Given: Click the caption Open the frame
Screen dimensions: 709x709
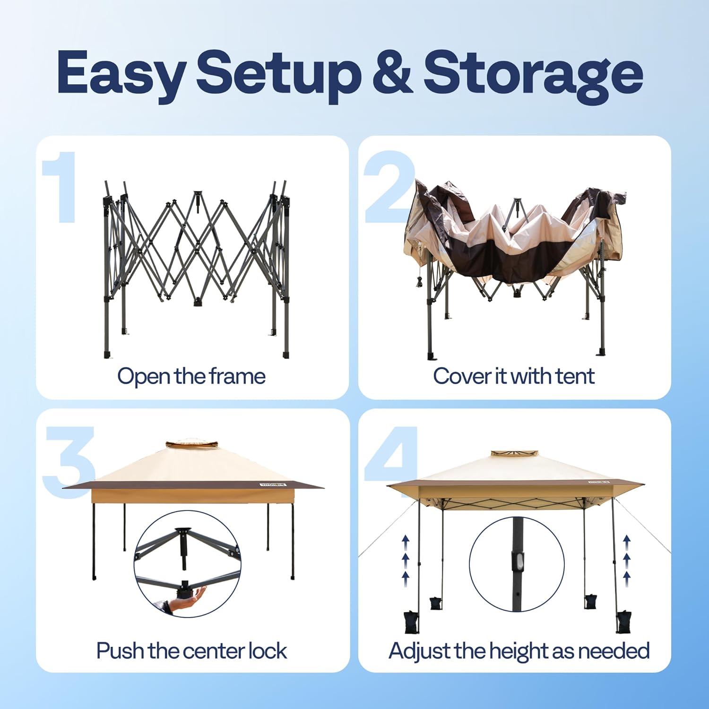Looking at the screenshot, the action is [x=191, y=377].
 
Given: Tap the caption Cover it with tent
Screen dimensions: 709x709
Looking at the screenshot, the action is [x=514, y=376].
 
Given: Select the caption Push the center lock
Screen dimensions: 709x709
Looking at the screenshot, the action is [x=191, y=651].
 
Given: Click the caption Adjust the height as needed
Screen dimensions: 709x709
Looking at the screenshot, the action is [x=519, y=651].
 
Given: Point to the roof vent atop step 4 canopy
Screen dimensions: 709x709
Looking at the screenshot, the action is [x=515, y=453].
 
